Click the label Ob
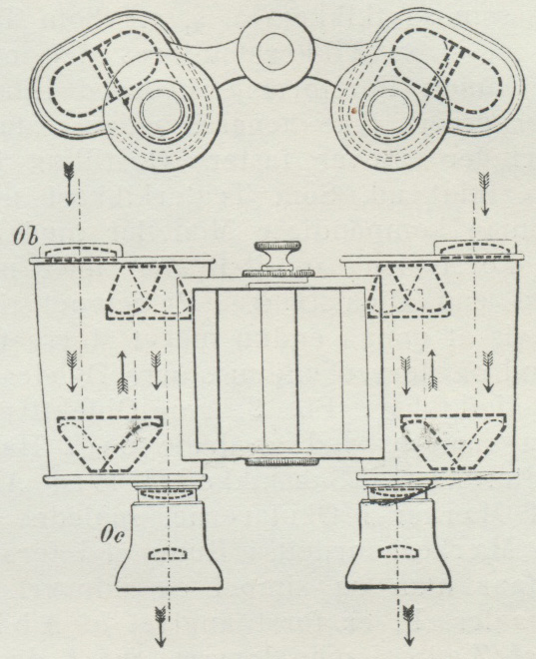25,238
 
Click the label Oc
112,534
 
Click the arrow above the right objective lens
484,194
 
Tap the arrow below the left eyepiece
160,626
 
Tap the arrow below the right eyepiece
408,625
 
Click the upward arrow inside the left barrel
123,372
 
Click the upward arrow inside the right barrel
432,370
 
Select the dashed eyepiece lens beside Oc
167,553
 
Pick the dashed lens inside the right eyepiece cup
395,551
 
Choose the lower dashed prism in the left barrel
110,443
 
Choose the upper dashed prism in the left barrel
148,292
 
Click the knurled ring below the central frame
281,462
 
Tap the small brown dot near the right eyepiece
355,111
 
